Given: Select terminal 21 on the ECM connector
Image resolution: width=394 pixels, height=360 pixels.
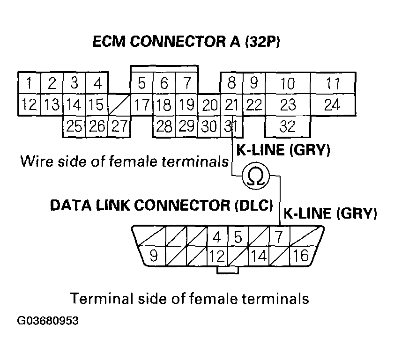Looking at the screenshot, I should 230,104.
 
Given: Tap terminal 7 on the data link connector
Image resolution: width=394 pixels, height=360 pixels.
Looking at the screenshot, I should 278,237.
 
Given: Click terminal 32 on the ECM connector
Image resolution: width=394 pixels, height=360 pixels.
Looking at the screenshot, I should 287,126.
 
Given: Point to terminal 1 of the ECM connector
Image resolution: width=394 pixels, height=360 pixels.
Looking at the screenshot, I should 29,84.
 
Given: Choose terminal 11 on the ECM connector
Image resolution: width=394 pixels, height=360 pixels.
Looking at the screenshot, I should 333,84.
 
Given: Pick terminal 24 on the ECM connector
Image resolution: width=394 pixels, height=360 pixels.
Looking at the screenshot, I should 332,104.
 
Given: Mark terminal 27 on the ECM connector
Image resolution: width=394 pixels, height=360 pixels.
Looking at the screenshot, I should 119,126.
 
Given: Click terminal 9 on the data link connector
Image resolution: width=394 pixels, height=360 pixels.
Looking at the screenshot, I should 152,256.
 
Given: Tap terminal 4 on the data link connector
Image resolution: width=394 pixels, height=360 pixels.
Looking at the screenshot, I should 216,237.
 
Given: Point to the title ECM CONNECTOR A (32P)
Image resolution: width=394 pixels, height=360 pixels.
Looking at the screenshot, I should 186,42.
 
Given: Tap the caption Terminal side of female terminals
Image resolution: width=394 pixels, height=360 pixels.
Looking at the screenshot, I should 189,298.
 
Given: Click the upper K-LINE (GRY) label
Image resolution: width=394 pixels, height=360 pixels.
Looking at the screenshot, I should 283,150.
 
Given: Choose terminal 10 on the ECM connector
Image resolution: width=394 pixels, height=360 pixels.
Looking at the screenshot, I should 288,84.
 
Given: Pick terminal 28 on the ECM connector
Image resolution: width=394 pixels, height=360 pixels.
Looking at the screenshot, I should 164,126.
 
